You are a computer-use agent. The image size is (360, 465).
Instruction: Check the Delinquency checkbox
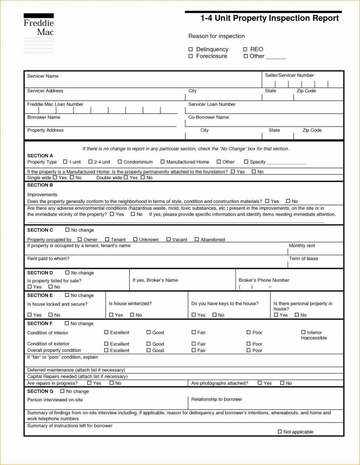point(191,49)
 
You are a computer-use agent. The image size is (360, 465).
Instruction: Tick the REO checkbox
point(246,49)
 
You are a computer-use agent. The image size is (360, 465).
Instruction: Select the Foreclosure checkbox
point(191,56)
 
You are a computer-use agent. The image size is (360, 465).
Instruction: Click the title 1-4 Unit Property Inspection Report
point(270,19)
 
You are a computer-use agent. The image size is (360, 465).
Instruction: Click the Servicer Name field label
point(43,76)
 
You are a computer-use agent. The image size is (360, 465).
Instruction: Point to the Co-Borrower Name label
point(209,117)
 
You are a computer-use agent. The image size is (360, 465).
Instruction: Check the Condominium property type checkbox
point(120,162)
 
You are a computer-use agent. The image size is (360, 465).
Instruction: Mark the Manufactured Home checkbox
point(163,162)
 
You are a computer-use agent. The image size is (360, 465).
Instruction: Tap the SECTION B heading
point(40,185)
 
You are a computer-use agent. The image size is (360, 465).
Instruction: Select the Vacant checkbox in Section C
point(169,239)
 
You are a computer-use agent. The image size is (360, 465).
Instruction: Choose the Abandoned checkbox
point(197,239)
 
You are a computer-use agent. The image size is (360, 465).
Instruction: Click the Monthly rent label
point(302,246)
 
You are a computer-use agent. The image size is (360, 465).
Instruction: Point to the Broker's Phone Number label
point(264,280)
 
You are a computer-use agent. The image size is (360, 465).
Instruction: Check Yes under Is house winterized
point(111,315)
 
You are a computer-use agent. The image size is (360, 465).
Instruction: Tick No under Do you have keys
point(215,315)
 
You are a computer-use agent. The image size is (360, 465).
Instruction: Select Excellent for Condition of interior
point(106,332)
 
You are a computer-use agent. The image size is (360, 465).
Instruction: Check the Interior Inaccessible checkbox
point(304,332)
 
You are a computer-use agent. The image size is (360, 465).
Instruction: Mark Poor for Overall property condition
point(249,350)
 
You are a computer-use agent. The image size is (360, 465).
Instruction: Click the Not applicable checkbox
point(280,431)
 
